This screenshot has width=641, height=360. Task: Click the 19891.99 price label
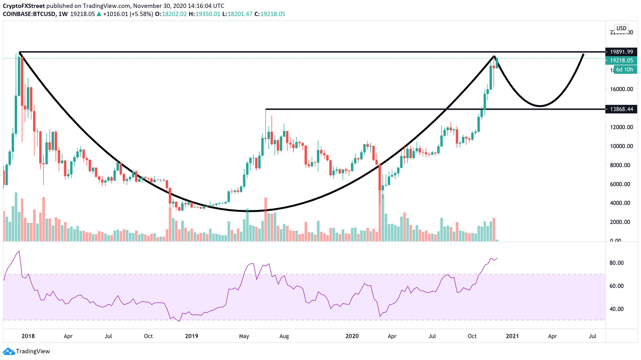tap(621, 52)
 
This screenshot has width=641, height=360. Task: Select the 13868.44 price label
tap(621, 109)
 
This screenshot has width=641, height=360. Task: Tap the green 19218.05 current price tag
tap(621, 60)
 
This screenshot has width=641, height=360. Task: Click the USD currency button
tap(621, 28)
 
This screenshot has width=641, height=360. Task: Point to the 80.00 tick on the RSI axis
tap(616, 263)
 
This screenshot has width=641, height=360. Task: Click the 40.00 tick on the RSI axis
tap(616, 309)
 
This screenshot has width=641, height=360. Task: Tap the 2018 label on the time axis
tap(28, 336)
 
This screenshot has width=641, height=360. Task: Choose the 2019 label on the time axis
tap(192, 336)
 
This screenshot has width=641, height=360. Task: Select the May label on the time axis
tap(244, 336)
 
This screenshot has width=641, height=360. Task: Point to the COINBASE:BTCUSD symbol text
tap(28, 14)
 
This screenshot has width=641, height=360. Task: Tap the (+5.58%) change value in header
tap(141, 14)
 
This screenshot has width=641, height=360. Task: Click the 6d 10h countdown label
tap(625, 70)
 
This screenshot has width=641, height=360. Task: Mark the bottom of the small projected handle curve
tap(540, 106)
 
